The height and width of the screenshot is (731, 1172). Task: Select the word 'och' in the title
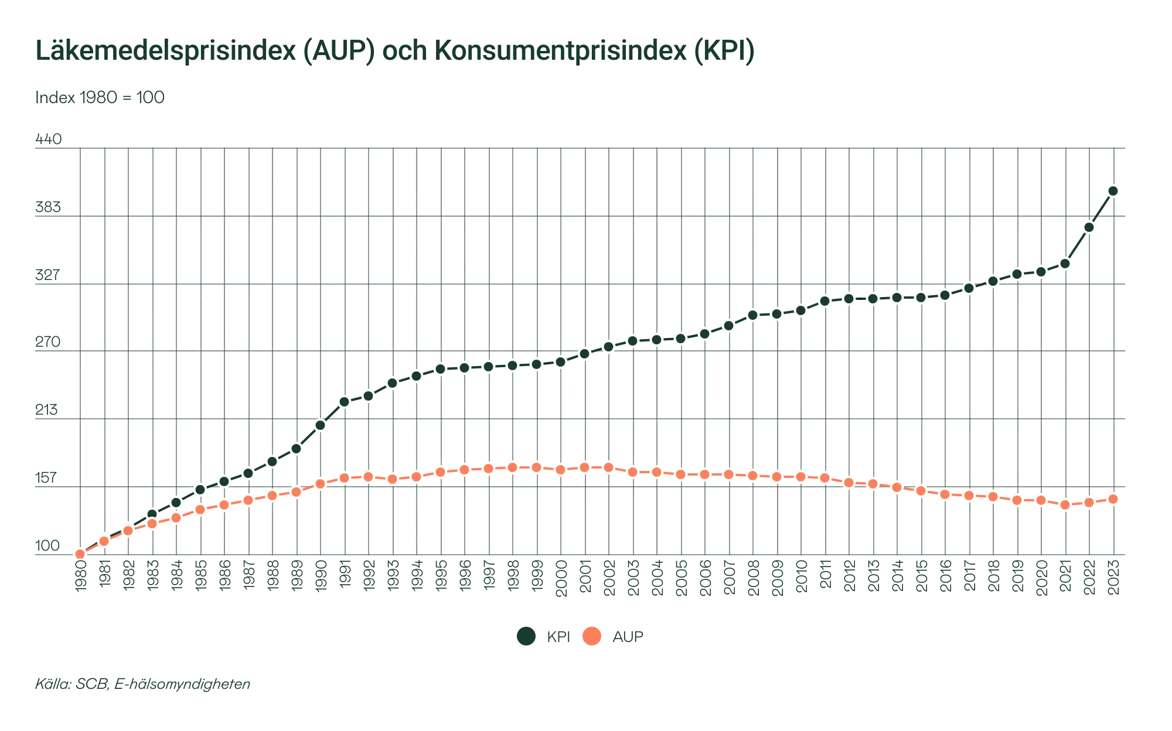point(404,52)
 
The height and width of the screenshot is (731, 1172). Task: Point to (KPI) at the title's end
point(724,52)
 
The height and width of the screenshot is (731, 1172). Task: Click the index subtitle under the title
point(100,97)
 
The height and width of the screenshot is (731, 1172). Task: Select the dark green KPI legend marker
point(527,636)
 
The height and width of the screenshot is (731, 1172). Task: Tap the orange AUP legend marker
point(592,636)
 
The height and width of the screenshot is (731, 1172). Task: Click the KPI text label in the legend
point(557,636)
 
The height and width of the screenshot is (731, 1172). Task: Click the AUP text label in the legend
point(627,636)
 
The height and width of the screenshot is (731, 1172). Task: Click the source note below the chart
point(144,684)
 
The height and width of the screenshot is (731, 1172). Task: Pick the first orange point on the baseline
point(80,554)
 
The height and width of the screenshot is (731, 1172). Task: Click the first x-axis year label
point(80,577)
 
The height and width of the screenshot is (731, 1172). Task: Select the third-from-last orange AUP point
point(1065,505)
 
